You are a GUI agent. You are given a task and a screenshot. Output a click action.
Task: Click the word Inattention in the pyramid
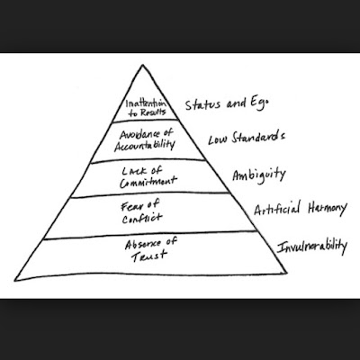[x=146, y=103]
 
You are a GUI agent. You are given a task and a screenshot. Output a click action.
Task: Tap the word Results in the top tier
[x=151, y=112]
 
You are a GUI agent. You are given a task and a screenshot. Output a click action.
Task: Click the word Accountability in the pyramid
[x=145, y=146]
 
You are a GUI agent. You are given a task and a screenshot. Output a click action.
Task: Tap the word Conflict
[x=142, y=218]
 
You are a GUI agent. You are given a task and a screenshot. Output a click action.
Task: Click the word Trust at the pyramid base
[x=148, y=256]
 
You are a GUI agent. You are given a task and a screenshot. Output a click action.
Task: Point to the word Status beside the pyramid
[x=202, y=104]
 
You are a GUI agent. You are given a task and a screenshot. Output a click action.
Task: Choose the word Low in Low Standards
[x=219, y=139]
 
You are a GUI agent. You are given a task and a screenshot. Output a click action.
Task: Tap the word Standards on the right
[x=258, y=137]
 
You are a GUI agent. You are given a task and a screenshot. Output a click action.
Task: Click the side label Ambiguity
[x=259, y=175]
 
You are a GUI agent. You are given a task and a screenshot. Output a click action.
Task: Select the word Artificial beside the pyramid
[x=277, y=209]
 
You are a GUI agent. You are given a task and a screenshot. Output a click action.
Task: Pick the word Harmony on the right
[x=328, y=209]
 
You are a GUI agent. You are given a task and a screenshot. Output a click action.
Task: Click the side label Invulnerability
[x=312, y=247]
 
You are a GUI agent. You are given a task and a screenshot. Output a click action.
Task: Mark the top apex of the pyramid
[x=143, y=65]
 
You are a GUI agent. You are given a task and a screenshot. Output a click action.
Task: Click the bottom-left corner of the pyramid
[x=15, y=281]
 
